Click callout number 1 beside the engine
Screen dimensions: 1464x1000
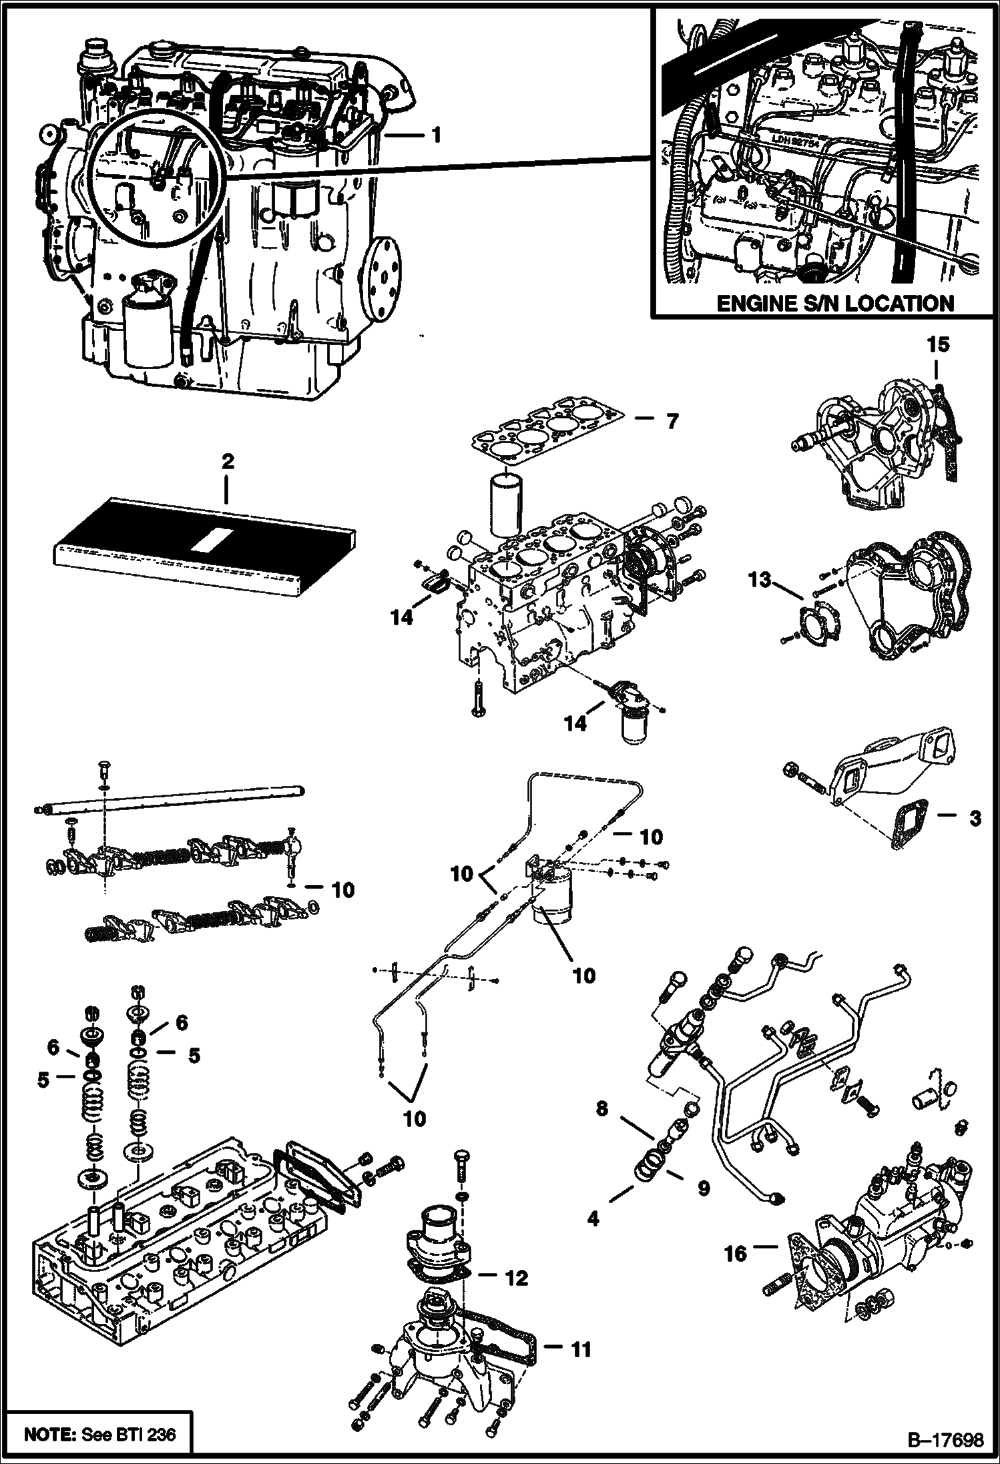435,136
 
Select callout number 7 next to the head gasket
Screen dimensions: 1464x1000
671,421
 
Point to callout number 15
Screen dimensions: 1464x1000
937,345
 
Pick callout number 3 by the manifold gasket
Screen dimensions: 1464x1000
975,817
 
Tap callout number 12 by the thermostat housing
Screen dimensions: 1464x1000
517,1277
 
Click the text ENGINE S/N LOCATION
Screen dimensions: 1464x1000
834,304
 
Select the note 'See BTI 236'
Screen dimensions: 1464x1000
100,1432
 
